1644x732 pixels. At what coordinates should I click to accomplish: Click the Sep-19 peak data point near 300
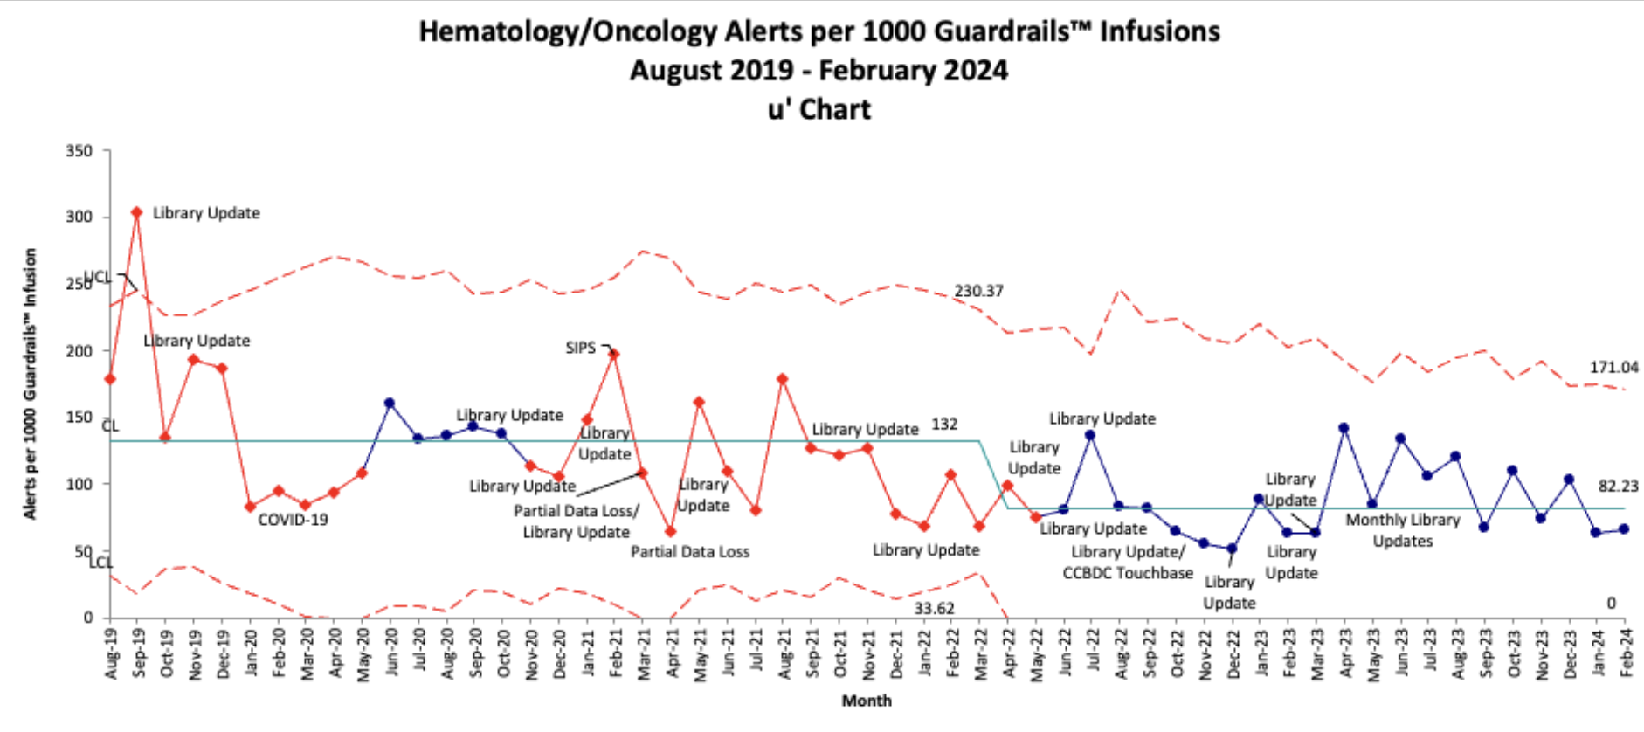click(x=137, y=212)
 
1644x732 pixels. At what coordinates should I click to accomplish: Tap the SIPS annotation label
click(x=580, y=348)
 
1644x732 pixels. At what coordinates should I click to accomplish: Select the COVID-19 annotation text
click(x=293, y=520)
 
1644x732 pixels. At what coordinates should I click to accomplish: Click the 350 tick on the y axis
click(x=79, y=151)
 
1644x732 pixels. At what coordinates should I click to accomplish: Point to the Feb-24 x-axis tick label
click(x=1626, y=652)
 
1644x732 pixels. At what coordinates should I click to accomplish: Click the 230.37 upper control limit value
click(x=978, y=291)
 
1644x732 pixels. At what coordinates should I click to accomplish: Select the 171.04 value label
click(x=1613, y=368)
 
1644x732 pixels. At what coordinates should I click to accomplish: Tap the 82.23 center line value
click(x=1618, y=487)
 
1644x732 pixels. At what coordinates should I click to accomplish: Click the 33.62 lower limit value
click(x=934, y=608)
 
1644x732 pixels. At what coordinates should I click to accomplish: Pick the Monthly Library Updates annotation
click(x=1402, y=530)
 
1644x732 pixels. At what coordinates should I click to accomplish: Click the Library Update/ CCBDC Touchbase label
click(x=1128, y=563)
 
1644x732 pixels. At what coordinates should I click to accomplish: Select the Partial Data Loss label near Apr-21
click(x=690, y=552)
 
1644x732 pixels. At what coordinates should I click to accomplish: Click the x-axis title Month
click(x=867, y=701)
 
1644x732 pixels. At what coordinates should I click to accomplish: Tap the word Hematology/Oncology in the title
click(x=568, y=32)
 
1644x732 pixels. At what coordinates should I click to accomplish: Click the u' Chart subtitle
click(x=819, y=110)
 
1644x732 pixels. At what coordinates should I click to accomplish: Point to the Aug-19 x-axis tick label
click(x=111, y=653)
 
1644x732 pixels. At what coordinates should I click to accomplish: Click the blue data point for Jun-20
click(x=390, y=404)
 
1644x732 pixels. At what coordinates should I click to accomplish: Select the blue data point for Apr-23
click(x=1344, y=428)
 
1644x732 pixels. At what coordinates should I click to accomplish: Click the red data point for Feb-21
click(x=614, y=354)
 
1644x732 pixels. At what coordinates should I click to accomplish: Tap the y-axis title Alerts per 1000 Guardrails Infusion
click(x=31, y=384)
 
